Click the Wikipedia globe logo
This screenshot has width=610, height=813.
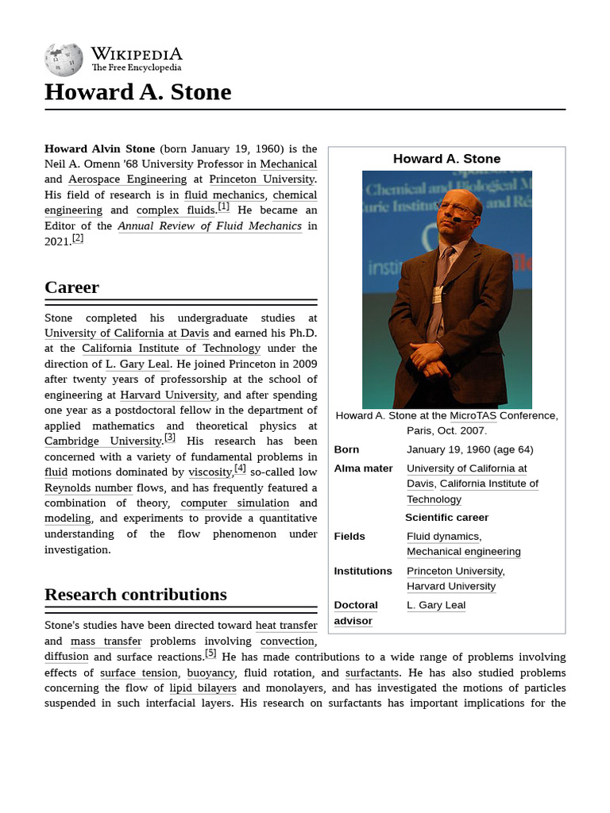(64, 60)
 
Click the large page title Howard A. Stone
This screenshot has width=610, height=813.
(137, 92)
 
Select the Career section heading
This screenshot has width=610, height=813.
(71, 287)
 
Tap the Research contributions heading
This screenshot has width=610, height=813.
(135, 595)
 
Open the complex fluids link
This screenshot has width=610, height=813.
(176, 210)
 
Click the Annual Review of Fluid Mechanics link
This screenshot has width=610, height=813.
(210, 226)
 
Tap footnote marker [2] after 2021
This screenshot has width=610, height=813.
(77, 238)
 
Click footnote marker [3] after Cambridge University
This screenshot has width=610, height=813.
(170, 437)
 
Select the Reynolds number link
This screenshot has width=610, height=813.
(88, 487)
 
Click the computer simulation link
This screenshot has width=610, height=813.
(234, 503)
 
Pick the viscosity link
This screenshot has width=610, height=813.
(209, 472)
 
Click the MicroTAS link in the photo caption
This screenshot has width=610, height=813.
(473, 415)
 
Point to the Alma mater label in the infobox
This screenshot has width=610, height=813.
(363, 468)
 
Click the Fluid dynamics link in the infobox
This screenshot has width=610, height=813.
(442, 537)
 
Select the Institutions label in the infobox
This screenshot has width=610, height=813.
(363, 571)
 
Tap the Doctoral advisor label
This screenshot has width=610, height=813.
(355, 613)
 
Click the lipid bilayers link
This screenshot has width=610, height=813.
(203, 688)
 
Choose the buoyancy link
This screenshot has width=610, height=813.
(210, 673)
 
